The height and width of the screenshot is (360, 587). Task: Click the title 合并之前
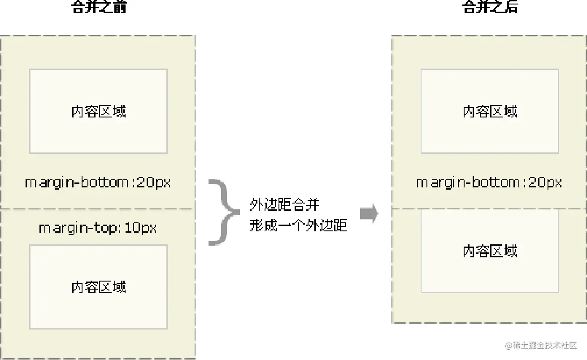[99, 7]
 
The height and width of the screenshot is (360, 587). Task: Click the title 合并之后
[490, 7]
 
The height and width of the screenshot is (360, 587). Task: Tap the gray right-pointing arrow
[369, 214]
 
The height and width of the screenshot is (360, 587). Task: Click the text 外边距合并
[285, 205]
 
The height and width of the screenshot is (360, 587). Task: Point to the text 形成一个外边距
[299, 225]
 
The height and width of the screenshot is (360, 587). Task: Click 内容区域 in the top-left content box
[99, 111]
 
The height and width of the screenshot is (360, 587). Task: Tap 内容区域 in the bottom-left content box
[99, 287]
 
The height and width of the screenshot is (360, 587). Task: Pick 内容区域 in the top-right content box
[490, 111]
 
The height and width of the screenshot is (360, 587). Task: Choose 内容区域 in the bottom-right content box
[490, 251]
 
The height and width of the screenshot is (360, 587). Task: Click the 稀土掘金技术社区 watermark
[545, 345]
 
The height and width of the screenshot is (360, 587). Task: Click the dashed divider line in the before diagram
[98, 209]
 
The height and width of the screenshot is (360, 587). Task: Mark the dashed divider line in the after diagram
[489, 209]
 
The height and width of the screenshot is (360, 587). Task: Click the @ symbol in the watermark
[509, 346]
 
